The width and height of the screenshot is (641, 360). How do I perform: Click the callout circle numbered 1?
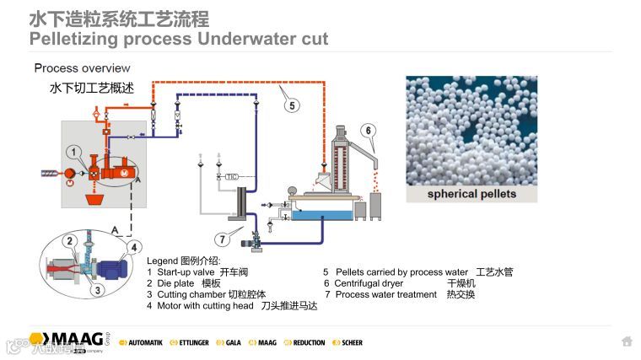(76, 153)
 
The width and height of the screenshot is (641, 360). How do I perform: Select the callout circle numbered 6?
(368, 130)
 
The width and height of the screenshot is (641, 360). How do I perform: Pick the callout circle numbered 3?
(97, 290)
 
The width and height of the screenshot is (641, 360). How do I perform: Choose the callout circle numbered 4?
(132, 248)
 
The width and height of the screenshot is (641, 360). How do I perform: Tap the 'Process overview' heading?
(82, 67)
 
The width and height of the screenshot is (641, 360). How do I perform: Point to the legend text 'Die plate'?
(175, 283)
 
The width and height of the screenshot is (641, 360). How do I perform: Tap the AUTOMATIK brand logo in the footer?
(141, 343)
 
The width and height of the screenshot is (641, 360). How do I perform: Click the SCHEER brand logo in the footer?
(347, 343)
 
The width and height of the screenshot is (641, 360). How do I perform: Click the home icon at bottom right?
(627, 341)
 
